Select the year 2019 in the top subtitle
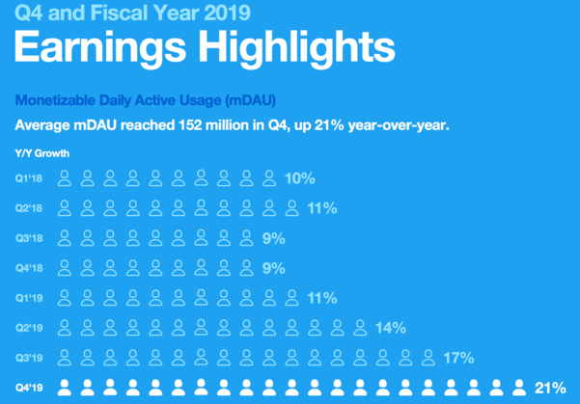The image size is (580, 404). tap(227, 12)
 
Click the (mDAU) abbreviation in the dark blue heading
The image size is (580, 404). tap(250, 100)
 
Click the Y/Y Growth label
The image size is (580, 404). tap(42, 153)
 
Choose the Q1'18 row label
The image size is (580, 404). tap(29, 178)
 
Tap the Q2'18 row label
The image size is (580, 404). tap(29, 208)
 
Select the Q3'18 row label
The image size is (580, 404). tap(29, 238)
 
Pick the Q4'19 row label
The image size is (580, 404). tap(29, 388)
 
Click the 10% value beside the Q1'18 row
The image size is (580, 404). tap(299, 178)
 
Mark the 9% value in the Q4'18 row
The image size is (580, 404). tap(274, 268)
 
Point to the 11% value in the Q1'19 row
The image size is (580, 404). tap(322, 298)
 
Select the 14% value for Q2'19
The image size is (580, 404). tap(391, 328)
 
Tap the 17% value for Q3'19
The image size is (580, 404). tap(458, 358)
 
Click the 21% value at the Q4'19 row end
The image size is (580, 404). tap(550, 388)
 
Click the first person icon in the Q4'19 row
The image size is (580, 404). tap(65, 388)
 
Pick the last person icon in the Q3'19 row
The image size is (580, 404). tap(428, 358)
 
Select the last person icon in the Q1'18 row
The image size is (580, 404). tap(269, 178)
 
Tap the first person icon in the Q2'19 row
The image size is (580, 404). tap(65, 328)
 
